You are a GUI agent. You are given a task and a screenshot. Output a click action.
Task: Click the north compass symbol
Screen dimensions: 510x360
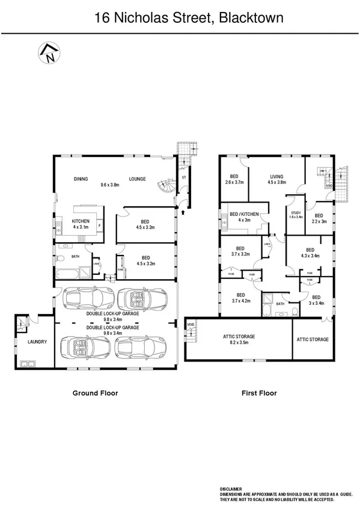click(x=47, y=54)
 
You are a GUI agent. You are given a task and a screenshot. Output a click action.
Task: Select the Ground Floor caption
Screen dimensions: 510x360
click(x=95, y=393)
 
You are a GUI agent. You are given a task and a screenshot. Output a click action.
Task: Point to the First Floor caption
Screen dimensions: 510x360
click(x=258, y=393)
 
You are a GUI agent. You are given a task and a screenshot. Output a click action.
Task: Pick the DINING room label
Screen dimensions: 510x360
click(x=81, y=179)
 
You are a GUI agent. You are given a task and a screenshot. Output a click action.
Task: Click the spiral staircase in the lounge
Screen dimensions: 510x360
click(x=163, y=189)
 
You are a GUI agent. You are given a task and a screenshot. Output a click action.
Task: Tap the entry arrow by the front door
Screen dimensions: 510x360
click(x=182, y=212)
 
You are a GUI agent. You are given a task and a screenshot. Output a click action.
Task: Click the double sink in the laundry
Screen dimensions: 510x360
click(x=27, y=363)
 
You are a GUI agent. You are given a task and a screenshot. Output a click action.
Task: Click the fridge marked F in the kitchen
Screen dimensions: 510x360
click(x=99, y=227)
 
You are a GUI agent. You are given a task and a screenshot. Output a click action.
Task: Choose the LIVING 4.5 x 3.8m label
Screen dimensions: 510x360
click(x=275, y=180)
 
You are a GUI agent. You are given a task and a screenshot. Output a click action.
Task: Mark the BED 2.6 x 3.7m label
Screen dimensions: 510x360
click(x=234, y=179)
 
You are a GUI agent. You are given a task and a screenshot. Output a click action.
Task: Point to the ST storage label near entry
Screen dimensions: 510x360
click(x=184, y=178)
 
